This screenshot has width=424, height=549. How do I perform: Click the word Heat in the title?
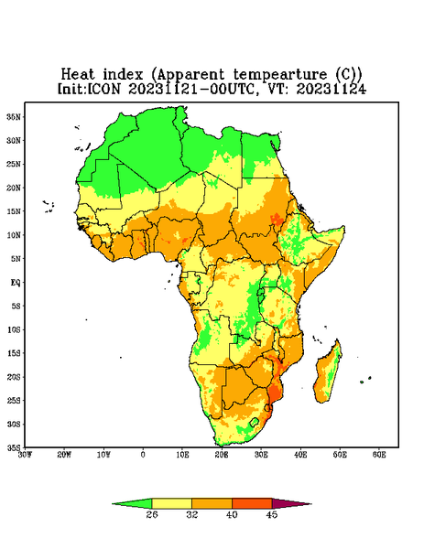coord(78,75)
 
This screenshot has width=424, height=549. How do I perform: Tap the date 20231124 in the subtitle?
coord(332,89)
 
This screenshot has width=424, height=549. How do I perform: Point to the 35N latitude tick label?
coord(14,116)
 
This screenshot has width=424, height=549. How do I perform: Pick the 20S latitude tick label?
coord(14,377)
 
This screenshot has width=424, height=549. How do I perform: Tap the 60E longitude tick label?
coord(379,455)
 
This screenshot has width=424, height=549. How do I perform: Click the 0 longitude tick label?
coord(143,455)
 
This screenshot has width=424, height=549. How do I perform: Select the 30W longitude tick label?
coord(25,455)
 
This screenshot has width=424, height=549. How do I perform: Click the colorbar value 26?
coord(152,514)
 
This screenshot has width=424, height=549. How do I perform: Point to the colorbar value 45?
coord(272,514)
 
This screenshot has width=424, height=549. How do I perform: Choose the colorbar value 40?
coord(232,514)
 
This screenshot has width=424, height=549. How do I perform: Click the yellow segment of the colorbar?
coord(171,503)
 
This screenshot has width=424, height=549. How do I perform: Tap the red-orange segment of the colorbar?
coord(252,503)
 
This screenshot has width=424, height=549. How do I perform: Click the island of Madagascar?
coord(329,373)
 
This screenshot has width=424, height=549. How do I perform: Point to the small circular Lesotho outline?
coord(255,422)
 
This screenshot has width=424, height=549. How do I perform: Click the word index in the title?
coord(123,75)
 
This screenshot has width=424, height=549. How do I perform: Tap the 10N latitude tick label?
coord(14,235)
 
